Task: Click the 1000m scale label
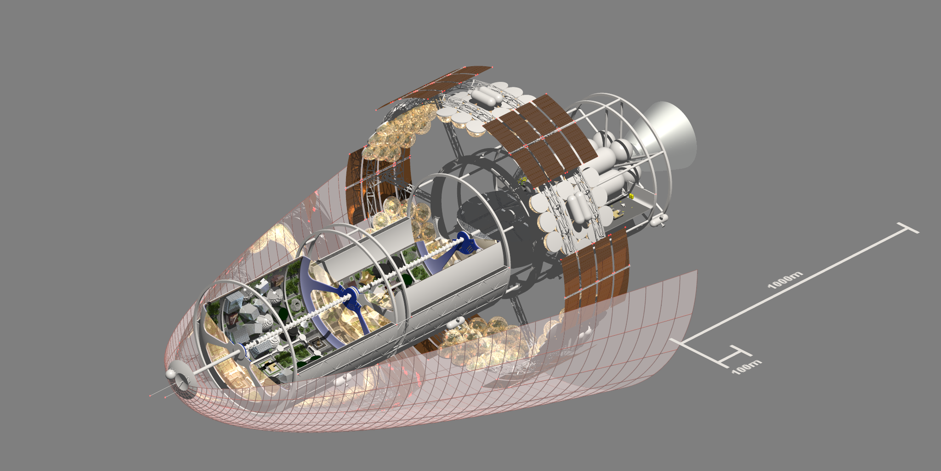pos(785,280)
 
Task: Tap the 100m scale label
pos(747,367)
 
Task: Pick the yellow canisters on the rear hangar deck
pos(632,196)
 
